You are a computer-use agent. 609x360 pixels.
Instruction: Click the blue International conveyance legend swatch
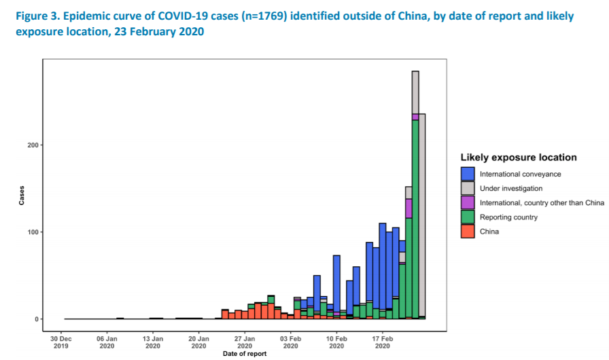point(468,174)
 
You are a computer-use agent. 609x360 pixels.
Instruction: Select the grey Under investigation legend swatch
point(468,188)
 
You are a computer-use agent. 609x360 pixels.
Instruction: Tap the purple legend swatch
point(468,202)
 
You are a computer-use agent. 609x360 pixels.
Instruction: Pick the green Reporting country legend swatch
point(468,217)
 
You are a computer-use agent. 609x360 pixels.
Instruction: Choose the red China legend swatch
point(468,231)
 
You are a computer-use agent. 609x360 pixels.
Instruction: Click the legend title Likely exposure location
point(519,157)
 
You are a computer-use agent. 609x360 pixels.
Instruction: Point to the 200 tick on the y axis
point(33,145)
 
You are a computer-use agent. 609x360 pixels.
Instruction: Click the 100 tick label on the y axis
point(33,232)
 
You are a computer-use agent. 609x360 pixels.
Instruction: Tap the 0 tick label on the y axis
point(37,319)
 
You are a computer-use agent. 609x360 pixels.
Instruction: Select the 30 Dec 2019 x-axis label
point(61,342)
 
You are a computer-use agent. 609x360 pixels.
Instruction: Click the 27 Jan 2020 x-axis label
point(245,342)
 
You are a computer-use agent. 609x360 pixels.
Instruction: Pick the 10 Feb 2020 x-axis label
point(336,342)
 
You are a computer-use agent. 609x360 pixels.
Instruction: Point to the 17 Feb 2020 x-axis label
point(382,342)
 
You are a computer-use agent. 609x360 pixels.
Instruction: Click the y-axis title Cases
point(21,195)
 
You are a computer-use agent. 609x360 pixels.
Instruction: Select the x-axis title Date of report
point(245,354)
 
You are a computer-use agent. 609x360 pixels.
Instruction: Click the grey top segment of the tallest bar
point(415,92)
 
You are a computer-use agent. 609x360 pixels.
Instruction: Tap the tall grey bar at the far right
point(422,215)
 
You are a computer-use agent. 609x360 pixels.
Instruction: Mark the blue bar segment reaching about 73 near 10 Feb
point(336,283)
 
